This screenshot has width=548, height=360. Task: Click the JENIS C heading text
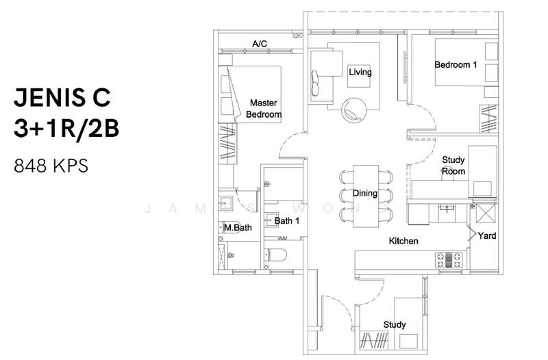pos(62,97)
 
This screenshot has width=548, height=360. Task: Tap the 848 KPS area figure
pos(51,166)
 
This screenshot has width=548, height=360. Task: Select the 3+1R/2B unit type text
pos(66,128)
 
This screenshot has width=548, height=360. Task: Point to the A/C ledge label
pos(260,44)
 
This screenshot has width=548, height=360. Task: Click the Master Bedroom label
pos(264,109)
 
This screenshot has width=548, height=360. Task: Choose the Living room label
pos(360,73)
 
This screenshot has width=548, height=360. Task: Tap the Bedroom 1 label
pos(456,64)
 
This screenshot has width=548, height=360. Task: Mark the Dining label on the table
pos(365,194)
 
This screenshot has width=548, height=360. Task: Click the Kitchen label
pos(403,241)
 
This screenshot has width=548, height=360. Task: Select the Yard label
pos(487,235)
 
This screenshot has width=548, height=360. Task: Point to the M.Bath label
pos(238,228)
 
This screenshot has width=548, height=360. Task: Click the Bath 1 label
pos(287,220)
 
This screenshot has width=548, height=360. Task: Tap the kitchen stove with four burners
pos(449,260)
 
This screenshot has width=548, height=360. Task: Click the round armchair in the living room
pos(354,110)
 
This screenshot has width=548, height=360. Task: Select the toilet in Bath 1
pos(275,255)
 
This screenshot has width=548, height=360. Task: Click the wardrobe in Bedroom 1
pos(488,118)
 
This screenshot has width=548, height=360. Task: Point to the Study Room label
pos(453,166)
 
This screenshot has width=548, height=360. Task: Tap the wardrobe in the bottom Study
pos(375,340)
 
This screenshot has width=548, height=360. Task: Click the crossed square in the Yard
pos(486,214)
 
